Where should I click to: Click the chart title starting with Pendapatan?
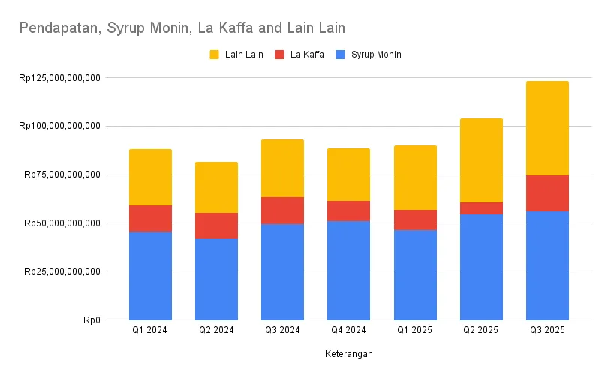[x=182, y=28]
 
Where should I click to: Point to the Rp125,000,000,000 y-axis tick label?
[x=59, y=78]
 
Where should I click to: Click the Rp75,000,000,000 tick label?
[x=62, y=175]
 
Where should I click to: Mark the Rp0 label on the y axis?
[x=92, y=320]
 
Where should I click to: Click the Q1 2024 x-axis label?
[x=150, y=330]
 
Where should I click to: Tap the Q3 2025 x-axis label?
[x=547, y=330]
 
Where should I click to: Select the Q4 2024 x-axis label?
[x=348, y=330]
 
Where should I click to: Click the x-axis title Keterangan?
[x=349, y=353]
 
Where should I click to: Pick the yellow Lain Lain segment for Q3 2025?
[x=547, y=127]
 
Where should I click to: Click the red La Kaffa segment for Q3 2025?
[x=547, y=193]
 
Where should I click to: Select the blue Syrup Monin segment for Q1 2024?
[x=150, y=276]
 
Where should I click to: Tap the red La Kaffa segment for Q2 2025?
[x=481, y=208]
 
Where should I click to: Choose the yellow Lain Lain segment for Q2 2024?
[x=216, y=187]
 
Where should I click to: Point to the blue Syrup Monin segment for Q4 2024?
[x=348, y=270]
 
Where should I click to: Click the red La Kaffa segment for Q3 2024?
[x=282, y=211]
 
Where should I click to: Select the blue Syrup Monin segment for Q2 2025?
[x=481, y=267]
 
